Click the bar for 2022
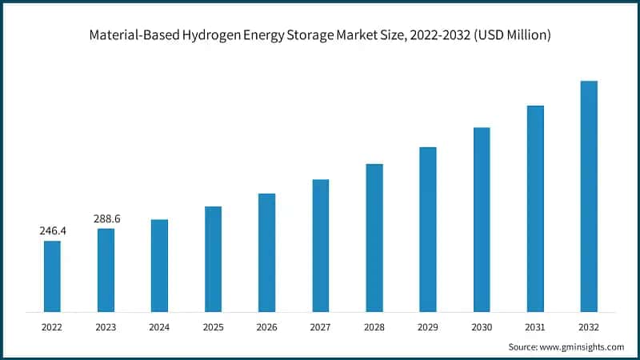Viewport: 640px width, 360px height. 52,276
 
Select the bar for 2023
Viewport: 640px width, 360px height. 106,270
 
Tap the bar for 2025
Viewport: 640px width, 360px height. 213,258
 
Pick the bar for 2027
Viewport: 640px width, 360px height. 321,245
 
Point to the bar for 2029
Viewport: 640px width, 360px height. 428,229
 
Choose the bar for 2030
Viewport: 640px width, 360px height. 482,219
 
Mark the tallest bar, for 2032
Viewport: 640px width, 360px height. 589,196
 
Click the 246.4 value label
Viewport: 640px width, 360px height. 52,230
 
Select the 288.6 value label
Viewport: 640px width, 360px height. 106,218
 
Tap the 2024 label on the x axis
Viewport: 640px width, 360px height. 159,326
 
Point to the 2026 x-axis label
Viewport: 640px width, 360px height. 266,326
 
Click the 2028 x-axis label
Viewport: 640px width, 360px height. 374,326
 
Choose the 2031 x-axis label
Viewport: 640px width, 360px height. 535,326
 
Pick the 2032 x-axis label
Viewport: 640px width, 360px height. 589,326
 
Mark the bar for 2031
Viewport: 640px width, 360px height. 535,208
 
